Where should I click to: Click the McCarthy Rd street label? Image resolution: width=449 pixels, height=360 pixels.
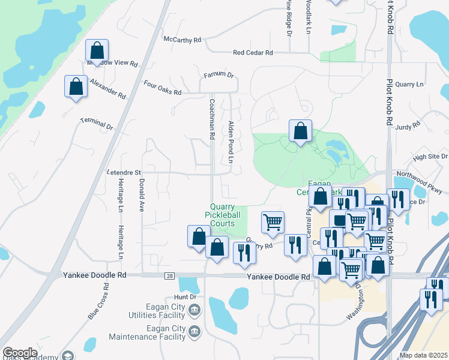[182, 40]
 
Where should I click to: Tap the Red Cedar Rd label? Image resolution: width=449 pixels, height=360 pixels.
[253, 53]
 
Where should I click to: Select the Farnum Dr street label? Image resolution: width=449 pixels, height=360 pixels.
[218, 74]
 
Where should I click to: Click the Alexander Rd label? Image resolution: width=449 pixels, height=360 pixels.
[108, 88]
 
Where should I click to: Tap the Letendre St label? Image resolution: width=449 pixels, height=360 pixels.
[124, 172]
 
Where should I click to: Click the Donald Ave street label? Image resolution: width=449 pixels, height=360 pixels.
[142, 195]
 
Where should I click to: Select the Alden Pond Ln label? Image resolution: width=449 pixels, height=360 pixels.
[230, 142]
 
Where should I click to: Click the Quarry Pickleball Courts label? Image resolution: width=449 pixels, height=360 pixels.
[223, 214]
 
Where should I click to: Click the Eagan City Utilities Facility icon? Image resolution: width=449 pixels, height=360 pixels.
[194, 310]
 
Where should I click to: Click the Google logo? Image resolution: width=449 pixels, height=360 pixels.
[19, 353]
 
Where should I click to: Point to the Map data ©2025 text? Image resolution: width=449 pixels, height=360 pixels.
[423, 355]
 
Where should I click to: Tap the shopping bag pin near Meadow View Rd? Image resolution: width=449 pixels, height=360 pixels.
[96, 50]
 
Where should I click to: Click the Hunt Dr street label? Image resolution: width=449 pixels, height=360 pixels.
[185, 297]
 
